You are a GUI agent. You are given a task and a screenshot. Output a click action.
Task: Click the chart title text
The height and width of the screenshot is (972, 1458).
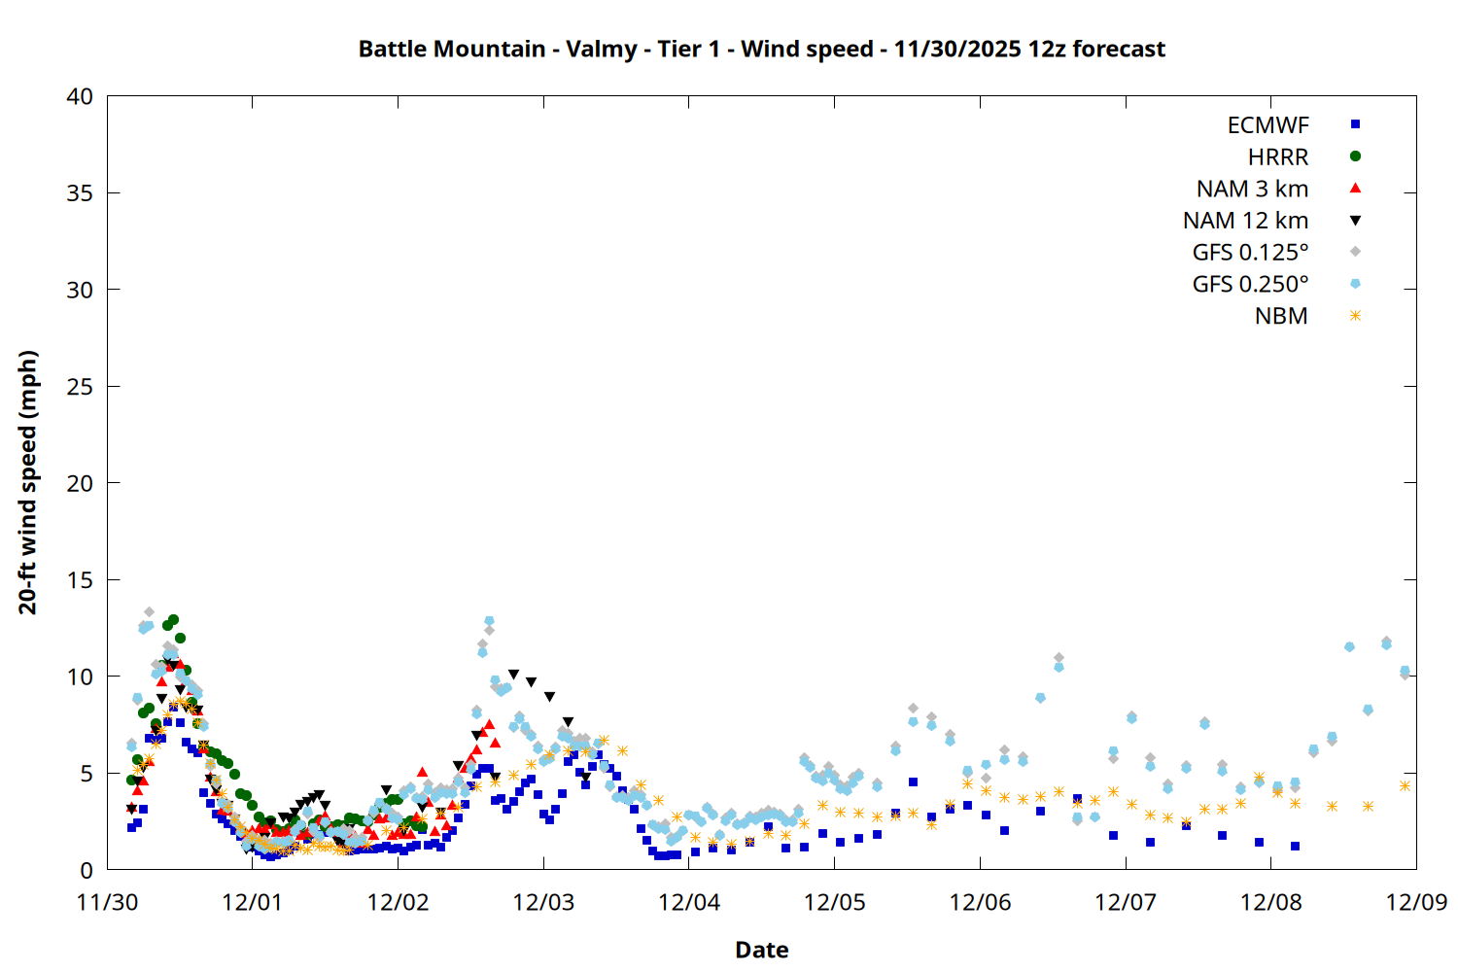tap(761, 49)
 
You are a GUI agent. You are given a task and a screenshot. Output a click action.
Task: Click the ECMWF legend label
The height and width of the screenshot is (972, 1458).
tap(1267, 125)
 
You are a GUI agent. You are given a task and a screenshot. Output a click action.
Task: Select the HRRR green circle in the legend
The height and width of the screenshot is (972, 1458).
tap(1355, 156)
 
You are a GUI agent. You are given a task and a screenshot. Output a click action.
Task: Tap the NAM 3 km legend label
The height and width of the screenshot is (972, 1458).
tap(1252, 189)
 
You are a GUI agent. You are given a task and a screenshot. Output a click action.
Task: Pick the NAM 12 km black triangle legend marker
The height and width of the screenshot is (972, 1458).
tap(1355, 221)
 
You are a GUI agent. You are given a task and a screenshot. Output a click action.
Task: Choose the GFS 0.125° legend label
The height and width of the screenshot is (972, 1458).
tap(1250, 253)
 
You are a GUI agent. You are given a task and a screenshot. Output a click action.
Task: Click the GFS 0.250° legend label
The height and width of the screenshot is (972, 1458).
tap(1250, 285)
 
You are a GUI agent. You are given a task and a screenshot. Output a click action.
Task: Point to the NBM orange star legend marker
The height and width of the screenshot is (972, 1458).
tap(1355, 316)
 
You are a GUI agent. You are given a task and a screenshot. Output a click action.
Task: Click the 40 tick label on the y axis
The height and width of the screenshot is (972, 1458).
tap(80, 96)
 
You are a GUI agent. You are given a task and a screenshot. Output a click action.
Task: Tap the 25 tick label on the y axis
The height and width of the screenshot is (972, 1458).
tap(80, 387)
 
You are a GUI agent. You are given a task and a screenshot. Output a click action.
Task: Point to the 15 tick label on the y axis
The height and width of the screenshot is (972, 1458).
tap(80, 580)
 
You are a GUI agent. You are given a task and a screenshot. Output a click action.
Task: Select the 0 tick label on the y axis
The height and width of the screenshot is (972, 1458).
tap(87, 870)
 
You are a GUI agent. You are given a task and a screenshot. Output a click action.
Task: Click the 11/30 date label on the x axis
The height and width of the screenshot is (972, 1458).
tap(107, 902)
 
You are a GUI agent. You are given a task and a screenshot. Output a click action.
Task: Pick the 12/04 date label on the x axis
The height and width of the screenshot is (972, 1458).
tap(689, 902)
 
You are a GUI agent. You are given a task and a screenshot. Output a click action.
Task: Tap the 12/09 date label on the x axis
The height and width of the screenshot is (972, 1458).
tap(1416, 902)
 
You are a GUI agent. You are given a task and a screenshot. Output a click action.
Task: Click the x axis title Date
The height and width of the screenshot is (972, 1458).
tap(761, 950)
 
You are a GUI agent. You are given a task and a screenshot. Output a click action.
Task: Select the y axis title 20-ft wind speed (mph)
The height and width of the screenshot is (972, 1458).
tap(28, 482)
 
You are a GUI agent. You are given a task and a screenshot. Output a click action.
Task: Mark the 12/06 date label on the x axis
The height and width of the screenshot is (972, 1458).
tap(980, 902)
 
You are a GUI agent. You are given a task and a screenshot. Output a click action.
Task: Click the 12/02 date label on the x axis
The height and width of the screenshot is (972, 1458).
tap(398, 902)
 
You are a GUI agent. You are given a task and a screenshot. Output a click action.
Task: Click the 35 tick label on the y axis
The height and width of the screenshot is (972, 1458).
tap(80, 193)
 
